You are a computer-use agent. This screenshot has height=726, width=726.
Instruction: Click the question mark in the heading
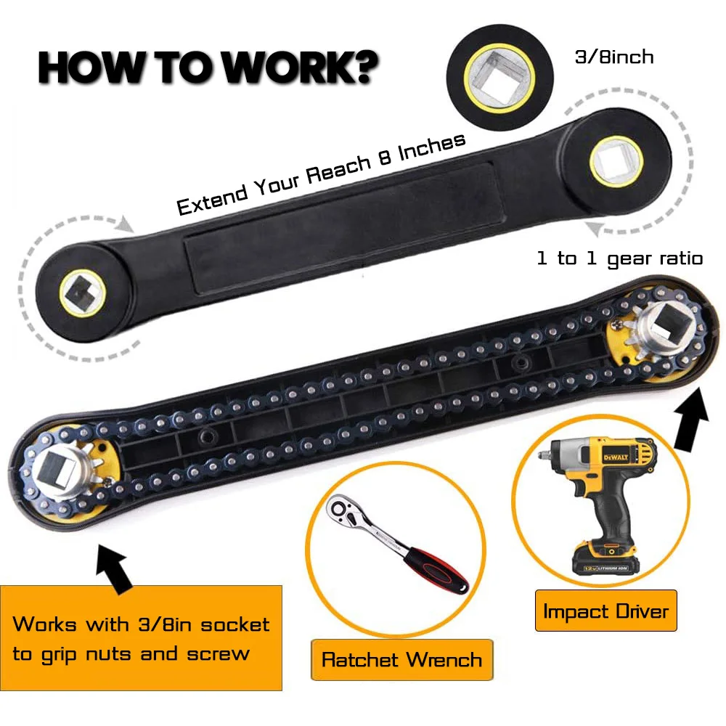click(x=361, y=68)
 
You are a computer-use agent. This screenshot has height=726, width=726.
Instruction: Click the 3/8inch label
click(x=614, y=57)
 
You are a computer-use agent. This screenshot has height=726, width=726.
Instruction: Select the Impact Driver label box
click(x=605, y=611)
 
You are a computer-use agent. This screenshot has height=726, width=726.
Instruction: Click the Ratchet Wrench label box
click(x=402, y=660)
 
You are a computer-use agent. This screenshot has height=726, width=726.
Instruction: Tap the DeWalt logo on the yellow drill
click(x=616, y=457)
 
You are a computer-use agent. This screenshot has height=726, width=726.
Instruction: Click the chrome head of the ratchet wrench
click(x=343, y=510)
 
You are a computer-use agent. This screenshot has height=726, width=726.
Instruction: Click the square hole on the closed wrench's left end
click(x=82, y=293)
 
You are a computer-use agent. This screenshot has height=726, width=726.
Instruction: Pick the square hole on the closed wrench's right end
click(x=616, y=162)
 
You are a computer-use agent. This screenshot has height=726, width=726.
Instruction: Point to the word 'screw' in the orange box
click(x=218, y=654)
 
